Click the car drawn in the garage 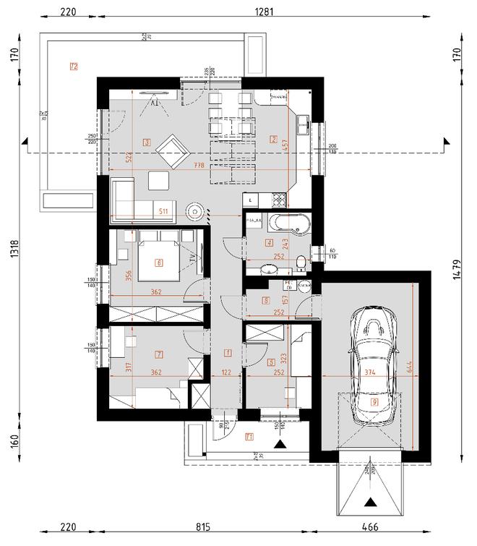click(x=374, y=369)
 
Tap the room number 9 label click(x=374, y=401)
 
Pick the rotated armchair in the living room click(x=172, y=150)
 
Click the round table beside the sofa click(x=197, y=210)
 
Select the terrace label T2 click(x=74, y=66)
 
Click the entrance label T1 click(x=249, y=436)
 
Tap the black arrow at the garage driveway click(x=372, y=501)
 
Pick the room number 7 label click(x=159, y=354)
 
